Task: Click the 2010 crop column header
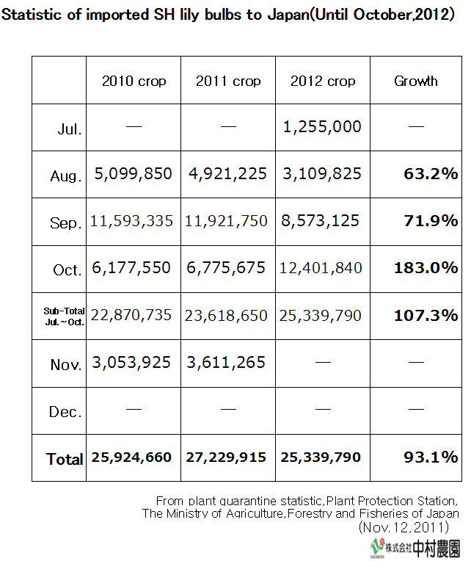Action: pos(134,82)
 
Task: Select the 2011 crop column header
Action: pos(228,82)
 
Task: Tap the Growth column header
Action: pos(416,82)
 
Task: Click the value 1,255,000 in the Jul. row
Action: pos(322,126)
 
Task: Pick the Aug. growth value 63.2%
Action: pos(431,174)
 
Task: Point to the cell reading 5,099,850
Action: pos(133,174)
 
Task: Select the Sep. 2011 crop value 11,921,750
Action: pos(228,221)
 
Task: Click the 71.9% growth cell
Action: pos(431,221)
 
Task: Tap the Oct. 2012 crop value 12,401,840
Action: pos(321,268)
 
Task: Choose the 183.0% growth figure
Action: pos(426,268)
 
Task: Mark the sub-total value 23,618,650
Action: pos(228,315)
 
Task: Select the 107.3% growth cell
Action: pos(426,315)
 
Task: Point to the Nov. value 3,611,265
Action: pos(228,362)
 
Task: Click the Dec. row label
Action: pos(65,412)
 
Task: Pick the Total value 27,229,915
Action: pos(228,457)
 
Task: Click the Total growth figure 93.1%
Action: pos(431,457)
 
